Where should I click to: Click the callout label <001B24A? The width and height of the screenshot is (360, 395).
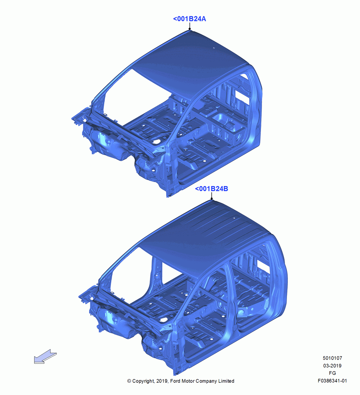(x=189, y=19)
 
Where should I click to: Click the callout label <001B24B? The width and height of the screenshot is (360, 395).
(x=212, y=189)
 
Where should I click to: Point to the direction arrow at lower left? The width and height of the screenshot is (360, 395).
(x=45, y=356)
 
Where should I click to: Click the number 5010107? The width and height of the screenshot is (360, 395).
(x=332, y=358)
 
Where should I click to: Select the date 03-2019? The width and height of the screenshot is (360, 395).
(x=332, y=365)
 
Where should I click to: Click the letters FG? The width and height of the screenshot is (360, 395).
(x=332, y=373)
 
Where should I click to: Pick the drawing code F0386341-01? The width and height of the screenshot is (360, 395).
(x=332, y=381)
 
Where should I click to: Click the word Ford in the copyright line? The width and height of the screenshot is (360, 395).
(x=176, y=381)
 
